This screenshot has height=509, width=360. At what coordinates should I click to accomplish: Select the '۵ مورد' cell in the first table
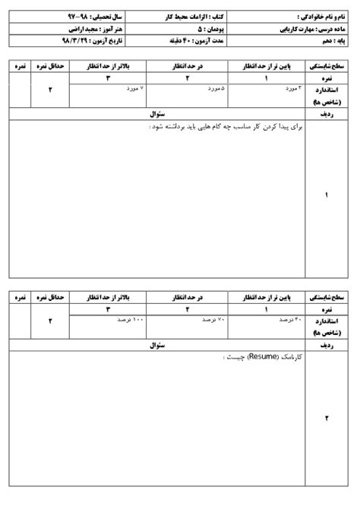coord(214,90)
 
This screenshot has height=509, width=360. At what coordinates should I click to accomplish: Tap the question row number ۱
coord(327,196)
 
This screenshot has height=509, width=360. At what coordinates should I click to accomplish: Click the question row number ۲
coord(327,419)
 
